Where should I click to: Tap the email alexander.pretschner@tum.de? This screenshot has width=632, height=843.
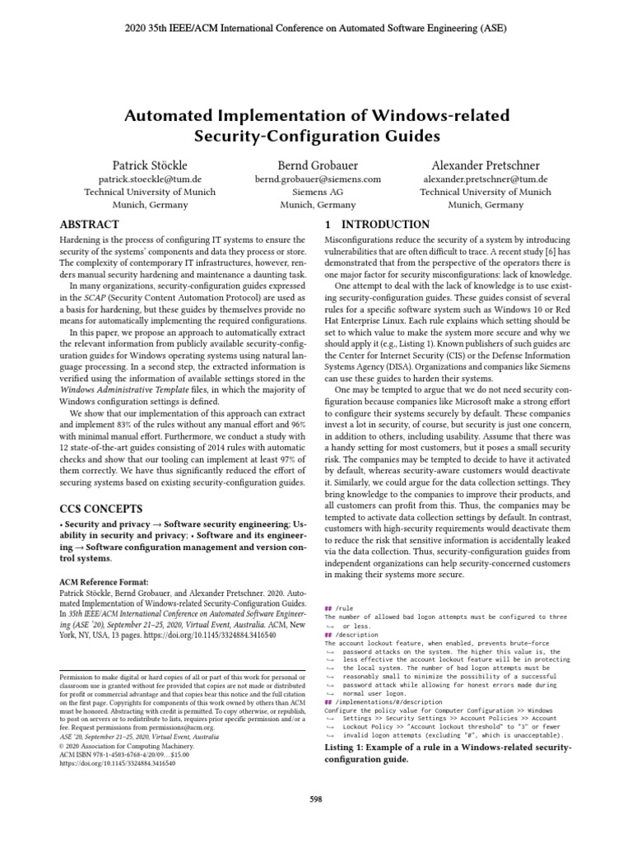coord(485,179)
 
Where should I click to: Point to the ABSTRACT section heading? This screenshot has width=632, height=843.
coord(91,225)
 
